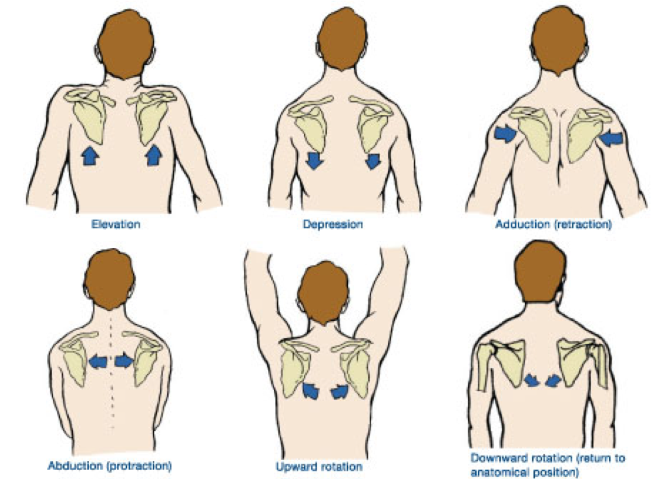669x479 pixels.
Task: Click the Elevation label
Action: click(x=116, y=225)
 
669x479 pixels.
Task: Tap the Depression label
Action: click(x=332, y=225)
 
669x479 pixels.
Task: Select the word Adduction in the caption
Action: click(x=519, y=225)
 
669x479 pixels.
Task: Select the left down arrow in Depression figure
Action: click(x=315, y=161)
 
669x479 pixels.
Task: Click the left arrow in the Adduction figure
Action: click(x=504, y=134)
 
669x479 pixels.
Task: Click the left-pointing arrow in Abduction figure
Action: click(x=99, y=362)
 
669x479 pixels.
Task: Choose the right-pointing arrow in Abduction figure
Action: click(x=124, y=362)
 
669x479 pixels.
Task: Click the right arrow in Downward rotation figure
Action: click(x=553, y=380)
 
